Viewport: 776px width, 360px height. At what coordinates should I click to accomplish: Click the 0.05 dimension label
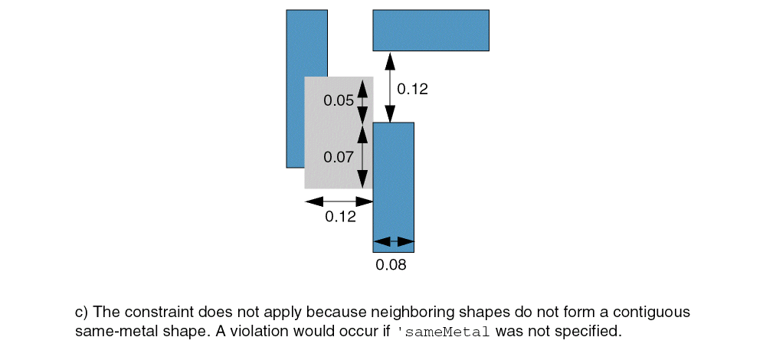tap(339, 100)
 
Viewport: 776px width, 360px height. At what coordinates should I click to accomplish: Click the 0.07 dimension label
tap(339, 157)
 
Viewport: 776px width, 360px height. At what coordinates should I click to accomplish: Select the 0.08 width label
tap(391, 265)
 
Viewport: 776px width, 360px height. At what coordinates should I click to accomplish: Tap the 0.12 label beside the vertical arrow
tap(412, 89)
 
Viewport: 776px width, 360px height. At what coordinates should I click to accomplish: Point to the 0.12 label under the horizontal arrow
tap(340, 217)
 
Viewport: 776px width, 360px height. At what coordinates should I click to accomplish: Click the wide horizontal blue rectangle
tap(431, 30)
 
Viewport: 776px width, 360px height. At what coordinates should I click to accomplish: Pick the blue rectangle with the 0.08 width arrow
tap(394, 187)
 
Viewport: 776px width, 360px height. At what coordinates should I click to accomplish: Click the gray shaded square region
tap(339, 133)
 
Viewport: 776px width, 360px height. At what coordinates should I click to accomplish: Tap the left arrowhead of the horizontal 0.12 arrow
tap(313, 201)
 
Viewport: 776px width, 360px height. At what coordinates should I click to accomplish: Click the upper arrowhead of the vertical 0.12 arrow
tap(391, 61)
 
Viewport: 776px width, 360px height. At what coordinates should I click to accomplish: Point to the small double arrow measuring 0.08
tap(394, 242)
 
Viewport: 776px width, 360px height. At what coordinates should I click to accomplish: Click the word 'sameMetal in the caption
tap(444, 332)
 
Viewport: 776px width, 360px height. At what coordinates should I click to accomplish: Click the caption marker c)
tap(82, 313)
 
